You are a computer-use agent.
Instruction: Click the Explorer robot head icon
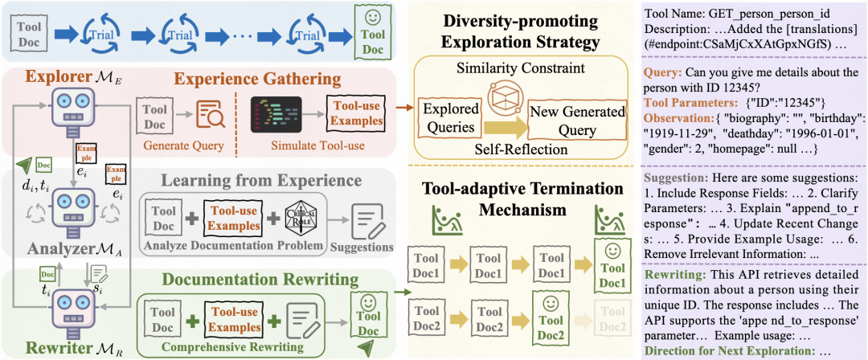click(x=70, y=104)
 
